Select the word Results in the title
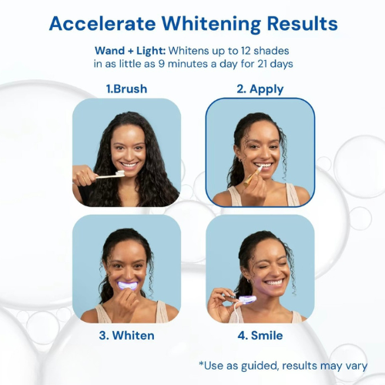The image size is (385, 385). (x=300, y=23)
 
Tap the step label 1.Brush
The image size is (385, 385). (x=126, y=89)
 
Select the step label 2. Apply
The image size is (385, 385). (x=259, y=89)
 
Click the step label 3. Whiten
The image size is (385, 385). (x=126, y=336)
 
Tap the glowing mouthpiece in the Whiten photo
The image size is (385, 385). (x=127, y=286)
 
